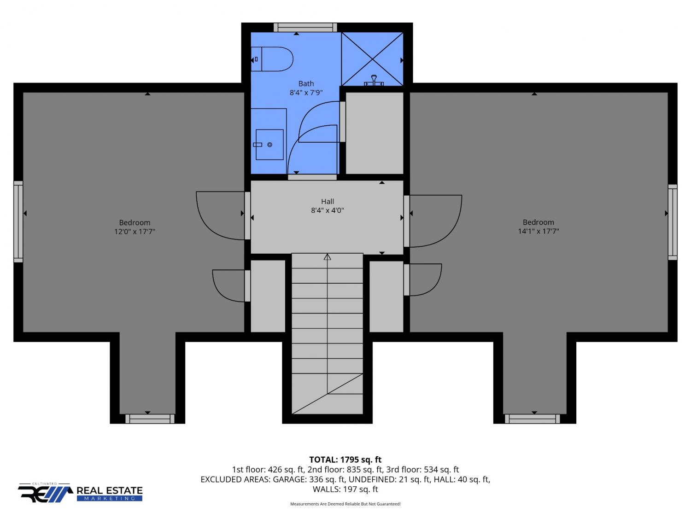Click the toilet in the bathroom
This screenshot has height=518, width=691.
pos(272,59)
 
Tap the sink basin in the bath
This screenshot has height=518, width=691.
pos(269,145)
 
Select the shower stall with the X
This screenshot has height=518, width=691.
pos(372,59)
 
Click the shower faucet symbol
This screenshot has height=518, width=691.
pos(374,81)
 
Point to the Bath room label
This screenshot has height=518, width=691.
pos(306,84)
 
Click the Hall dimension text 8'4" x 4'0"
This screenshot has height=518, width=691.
pos(328,210)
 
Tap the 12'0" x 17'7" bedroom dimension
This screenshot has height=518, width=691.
pos(135,232)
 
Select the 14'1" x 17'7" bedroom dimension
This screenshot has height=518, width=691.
pos(539,231)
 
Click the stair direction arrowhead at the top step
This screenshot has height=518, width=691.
pos(328,257)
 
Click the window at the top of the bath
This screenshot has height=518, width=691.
pos(305,27)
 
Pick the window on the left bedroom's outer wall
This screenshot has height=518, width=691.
pos(18,222)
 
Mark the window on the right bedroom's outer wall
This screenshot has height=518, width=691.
pos(673,222)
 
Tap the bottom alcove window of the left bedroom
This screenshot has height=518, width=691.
pos(150,419)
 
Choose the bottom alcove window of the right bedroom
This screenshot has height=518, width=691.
pos(533,419)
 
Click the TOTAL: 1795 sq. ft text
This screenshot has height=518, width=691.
pos(345,460)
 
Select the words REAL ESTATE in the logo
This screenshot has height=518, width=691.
pos(110,491)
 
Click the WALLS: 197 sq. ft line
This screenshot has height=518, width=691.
pos(345,489)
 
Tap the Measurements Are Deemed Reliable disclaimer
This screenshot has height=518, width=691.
pos(345,504)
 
